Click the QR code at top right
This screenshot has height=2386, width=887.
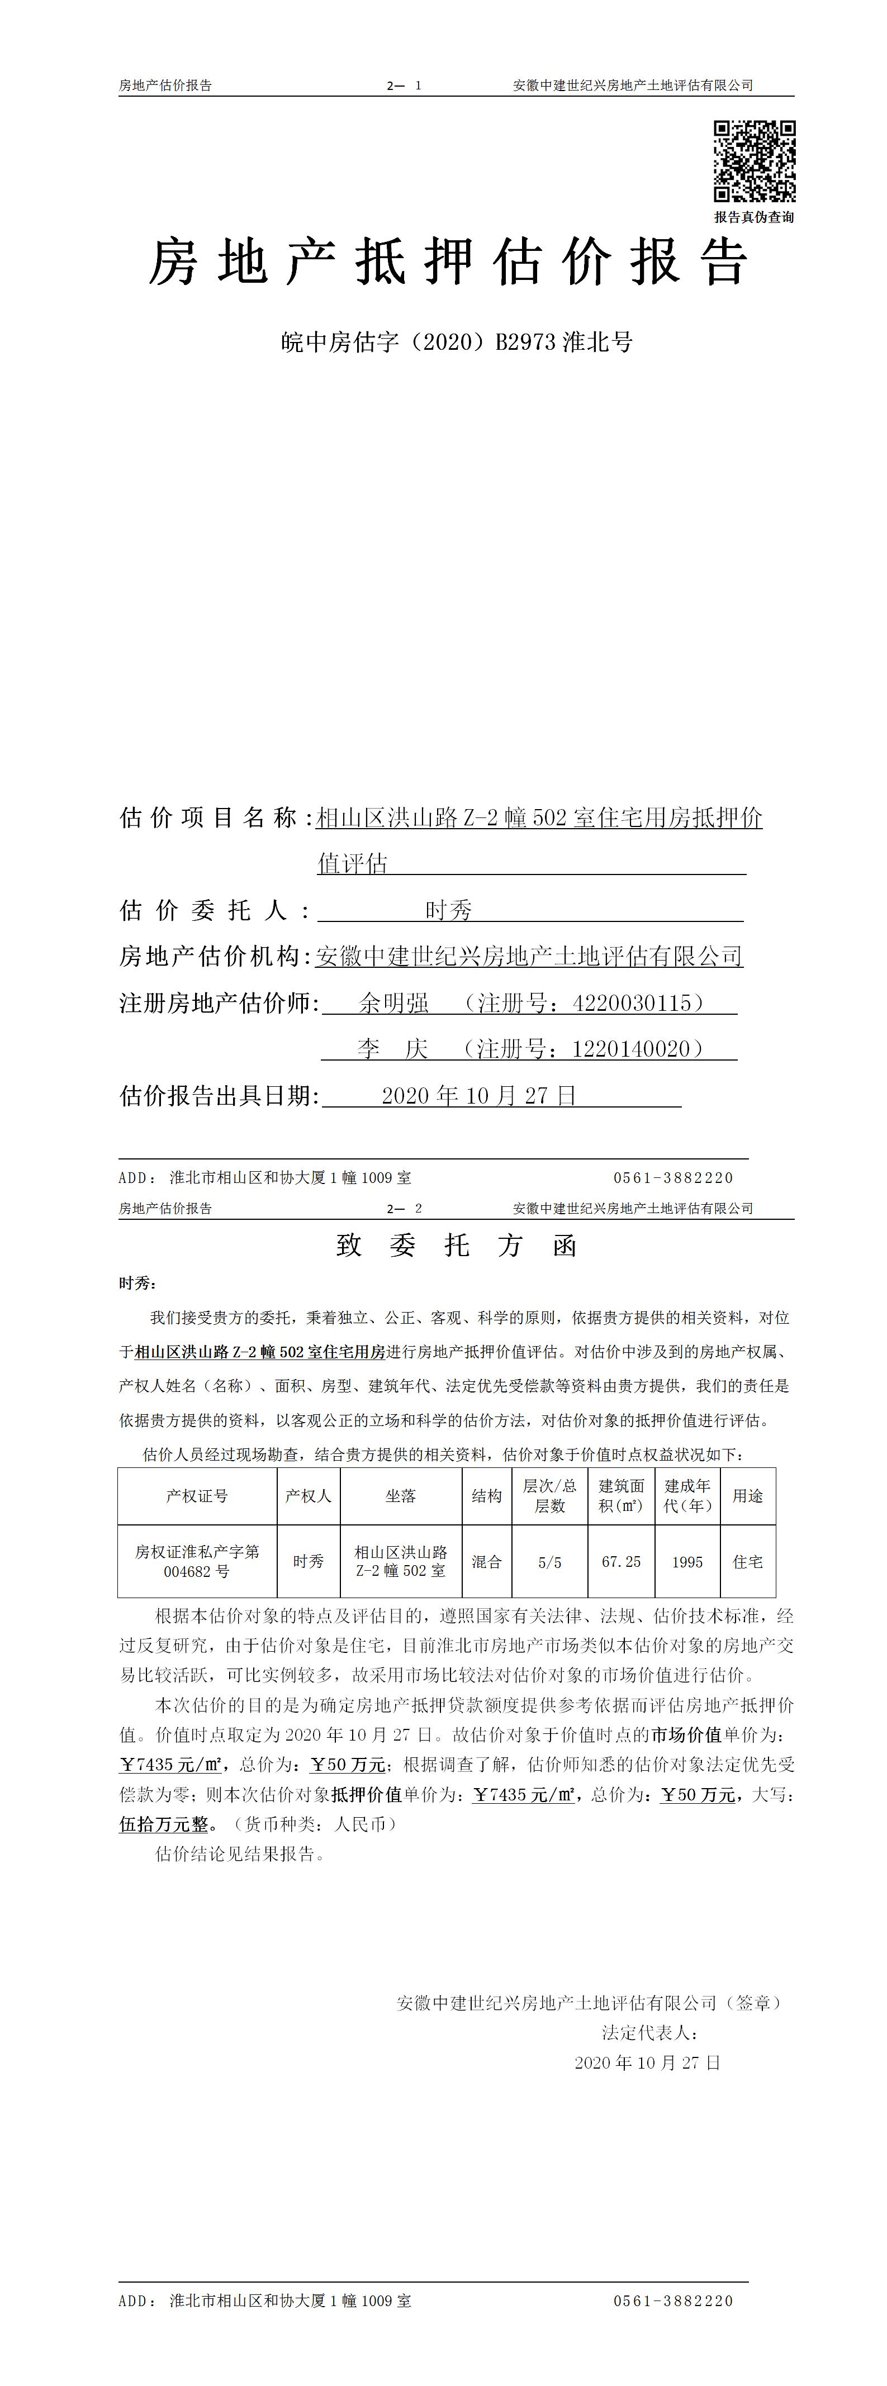coord(753,161)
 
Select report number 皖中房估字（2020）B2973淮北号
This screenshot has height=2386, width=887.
coord(457,343)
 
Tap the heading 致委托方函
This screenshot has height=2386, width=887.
coord(457,1246)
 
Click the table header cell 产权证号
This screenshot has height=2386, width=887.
coord(197,1496)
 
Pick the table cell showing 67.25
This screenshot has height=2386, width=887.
coord(621,1562)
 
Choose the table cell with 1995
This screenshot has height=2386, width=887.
coord(687,1562)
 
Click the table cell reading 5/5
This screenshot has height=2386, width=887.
coord(549,1562)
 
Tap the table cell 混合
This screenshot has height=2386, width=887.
coord(487,1562)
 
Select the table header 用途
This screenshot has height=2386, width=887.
coord(747,1496)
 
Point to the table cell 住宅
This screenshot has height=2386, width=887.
coord(747,1562)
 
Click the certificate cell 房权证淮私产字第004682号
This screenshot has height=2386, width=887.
coord(197,1562)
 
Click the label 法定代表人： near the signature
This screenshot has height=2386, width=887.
coord(649,2033)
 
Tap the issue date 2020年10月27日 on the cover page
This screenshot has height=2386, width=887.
coord(479,1096)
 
